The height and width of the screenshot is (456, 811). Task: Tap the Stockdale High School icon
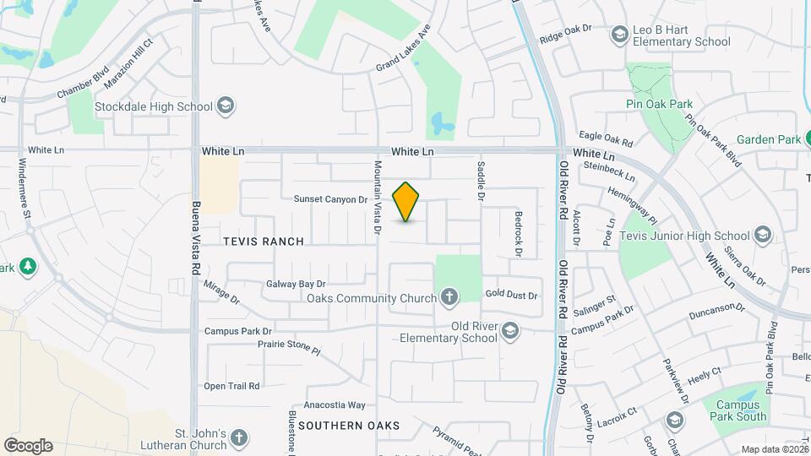coord(226,106)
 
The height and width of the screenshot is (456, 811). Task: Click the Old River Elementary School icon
coord(509,331)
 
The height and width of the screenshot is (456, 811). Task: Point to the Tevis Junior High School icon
coord(763,236)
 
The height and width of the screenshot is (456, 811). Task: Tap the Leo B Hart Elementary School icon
coord(620,35)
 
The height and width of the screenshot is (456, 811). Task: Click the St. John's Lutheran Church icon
coord(240,438)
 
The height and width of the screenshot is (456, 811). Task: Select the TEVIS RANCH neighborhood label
coord(263,242)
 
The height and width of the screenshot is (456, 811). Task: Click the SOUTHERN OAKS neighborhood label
coord(348,426)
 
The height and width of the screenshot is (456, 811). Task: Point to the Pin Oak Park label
coord(659,105)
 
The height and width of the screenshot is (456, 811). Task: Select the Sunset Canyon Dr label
coord(331,200)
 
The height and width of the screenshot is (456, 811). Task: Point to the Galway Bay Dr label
coord(296,285)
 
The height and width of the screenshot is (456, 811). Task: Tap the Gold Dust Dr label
coord(511,296)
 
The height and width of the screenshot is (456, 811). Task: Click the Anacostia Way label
coord(334,405)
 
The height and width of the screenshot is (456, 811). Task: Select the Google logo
coord(28,446)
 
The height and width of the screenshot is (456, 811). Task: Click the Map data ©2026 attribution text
coord(773,449)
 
